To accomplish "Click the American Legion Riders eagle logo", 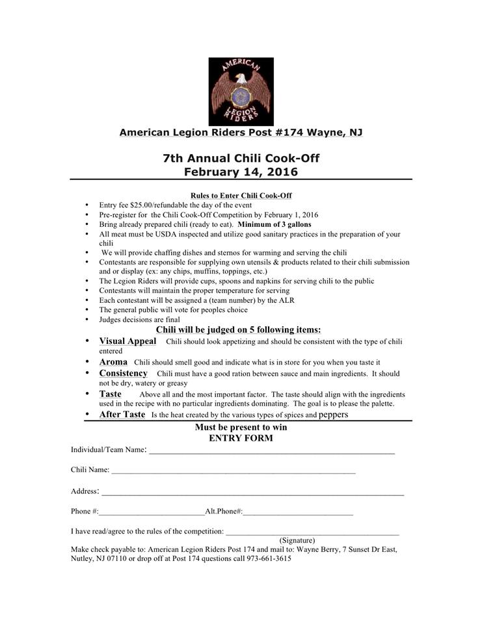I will [241, 91].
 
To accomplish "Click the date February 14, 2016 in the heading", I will [241, 172].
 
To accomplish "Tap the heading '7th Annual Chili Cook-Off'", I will [241, 158].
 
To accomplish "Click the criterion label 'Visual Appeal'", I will [127, 341].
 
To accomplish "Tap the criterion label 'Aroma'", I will [113, 361].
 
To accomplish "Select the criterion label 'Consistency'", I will [124, 373].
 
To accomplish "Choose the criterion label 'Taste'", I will [110, 394].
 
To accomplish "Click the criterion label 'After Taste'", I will [122, 414].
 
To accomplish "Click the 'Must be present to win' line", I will [241, 428].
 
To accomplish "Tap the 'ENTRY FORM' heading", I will [241, 438].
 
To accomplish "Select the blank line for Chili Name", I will [234, 471].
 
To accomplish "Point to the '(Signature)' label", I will [297, 540].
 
